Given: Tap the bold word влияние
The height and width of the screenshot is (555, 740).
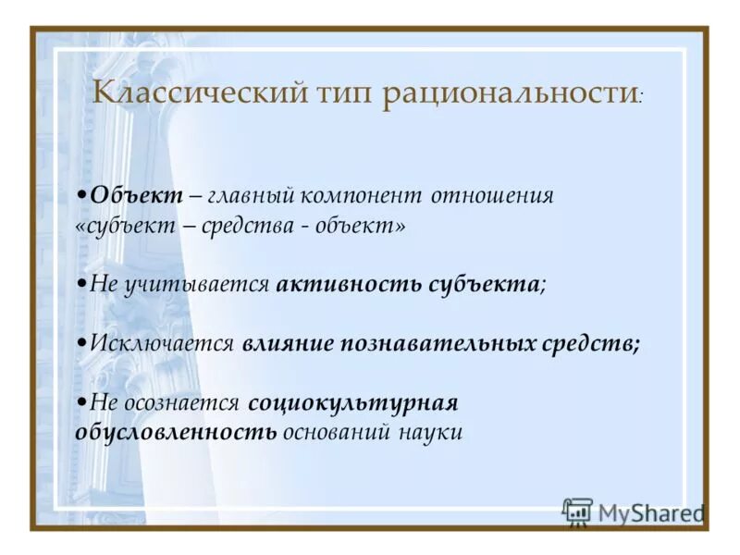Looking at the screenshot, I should [291, 344].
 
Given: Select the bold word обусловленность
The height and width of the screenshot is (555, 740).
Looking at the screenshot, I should [175, 433].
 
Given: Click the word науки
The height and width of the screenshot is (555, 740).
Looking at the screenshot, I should [432, 433].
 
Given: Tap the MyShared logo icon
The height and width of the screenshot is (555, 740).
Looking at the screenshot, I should [578, 512].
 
